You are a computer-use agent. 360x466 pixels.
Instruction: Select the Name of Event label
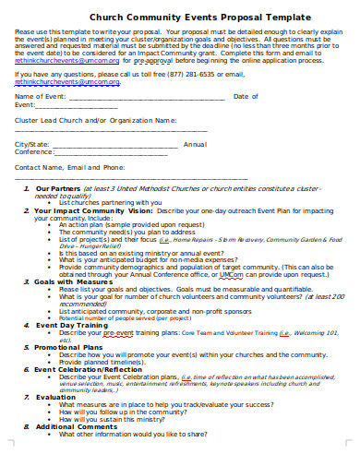(41, 96)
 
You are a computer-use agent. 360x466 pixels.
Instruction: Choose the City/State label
(32, 144)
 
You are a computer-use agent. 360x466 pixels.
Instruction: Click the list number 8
(25, 426)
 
